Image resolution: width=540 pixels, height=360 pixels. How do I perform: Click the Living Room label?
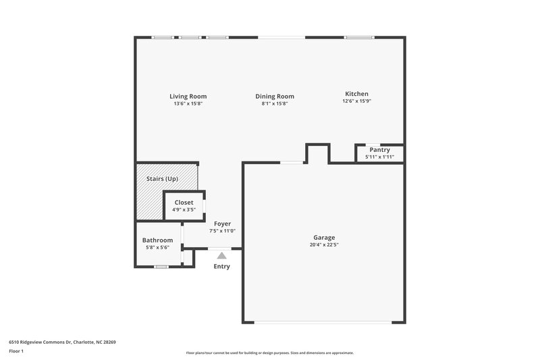188,96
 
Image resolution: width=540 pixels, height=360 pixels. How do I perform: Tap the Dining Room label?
274,97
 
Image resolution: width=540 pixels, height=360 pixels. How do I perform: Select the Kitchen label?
356,94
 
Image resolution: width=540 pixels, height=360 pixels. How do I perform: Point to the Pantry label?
379,150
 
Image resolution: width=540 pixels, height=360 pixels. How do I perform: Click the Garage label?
324,237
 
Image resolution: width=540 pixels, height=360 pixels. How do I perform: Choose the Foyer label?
223,224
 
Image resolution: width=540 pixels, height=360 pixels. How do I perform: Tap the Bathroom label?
157,240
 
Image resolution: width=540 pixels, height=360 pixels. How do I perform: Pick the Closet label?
184,203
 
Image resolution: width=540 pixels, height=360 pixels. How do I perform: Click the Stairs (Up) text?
162,179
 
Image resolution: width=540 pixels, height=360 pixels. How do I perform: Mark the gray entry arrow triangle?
221,255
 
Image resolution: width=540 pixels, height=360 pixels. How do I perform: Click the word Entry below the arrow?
221,266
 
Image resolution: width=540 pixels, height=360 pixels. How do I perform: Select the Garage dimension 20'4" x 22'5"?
324,245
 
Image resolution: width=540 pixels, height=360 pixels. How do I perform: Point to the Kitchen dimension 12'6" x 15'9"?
356,101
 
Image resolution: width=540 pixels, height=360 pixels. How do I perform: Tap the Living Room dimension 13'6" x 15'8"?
188,103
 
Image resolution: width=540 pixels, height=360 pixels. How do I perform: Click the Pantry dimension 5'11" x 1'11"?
379,157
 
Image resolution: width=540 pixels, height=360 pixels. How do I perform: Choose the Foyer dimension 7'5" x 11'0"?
223,231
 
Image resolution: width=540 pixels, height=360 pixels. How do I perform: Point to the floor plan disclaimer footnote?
270,353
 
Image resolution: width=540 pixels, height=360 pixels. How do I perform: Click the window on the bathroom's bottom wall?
161,267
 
